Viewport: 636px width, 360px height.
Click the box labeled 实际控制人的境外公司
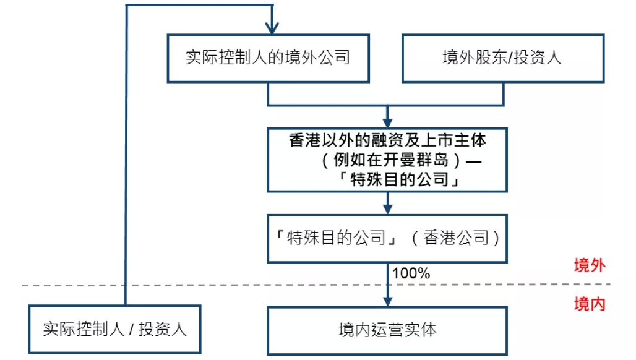click(x=268, y=58)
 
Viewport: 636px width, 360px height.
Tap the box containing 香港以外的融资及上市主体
click(x=387, y=141)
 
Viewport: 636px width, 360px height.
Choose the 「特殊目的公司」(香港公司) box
click(x=387, y=238)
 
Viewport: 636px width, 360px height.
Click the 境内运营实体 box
click(x=387, y=330)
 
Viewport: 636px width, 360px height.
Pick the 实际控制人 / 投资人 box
click(x=114, y=329)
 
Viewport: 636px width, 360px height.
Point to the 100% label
click(x=411, y=273)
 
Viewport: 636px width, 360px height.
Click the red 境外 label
click(x=589, y=266)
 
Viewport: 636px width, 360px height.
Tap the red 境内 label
click(x=589, y=304)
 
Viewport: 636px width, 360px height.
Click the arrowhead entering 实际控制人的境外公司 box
click(x=272, y=28)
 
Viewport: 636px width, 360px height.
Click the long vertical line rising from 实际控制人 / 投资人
click(x=126, y=155)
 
